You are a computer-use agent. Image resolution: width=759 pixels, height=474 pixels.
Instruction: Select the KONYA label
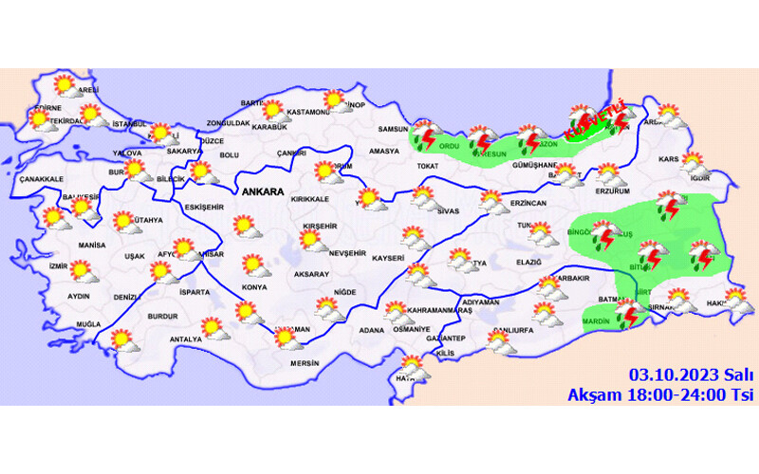253,286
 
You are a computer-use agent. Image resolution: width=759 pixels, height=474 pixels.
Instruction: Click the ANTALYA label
186,338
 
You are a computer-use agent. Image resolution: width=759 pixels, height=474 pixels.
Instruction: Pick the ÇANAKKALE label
41,179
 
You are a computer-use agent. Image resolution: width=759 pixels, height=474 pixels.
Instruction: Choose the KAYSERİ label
387,257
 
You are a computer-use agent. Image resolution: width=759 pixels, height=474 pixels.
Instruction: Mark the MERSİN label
305,363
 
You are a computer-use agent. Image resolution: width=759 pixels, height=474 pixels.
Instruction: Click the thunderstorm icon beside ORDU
424,137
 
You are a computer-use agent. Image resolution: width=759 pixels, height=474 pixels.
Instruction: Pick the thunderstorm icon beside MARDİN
626,314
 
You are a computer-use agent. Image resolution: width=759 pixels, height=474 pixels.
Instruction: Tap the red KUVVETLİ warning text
594,120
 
